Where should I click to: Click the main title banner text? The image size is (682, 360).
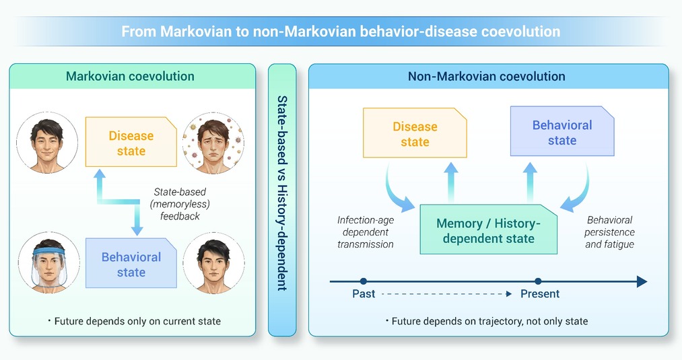pyautogui.click(x=341, y=32)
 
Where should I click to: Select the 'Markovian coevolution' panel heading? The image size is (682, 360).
pyautogui.click(x=130, y=76)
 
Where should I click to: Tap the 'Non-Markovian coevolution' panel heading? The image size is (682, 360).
pyautogui.click(x=486, y=77)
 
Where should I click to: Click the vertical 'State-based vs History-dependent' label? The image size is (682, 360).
pyautogui.click(x=282, y=193)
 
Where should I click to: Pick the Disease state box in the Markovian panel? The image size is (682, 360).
pyautogui.click(x=131, y=142)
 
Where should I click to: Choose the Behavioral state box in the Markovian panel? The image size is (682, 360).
pyautogui.click(x=131, y=263)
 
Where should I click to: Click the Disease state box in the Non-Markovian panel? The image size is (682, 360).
pyautogui.click(x=415, y=133)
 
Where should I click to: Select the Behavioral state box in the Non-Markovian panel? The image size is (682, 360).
pyautogui.click(x=562, y=131)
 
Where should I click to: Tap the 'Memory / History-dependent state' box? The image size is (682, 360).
pyautogui.click(x=489, y=229)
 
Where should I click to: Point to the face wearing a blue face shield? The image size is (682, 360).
pyautogui.click(x=48, y=262)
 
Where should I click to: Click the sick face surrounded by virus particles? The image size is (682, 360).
pyautogui.click(x=213, y=143)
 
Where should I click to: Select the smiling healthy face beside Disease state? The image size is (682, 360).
pyautogui.click(x=47, y=143)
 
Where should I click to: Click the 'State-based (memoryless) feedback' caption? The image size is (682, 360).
pyautogui.click(x=180, y=204)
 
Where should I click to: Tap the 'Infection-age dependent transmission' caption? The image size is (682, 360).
pyautogui.click(x=366, y=232)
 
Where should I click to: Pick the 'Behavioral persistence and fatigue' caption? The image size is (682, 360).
pyautogui.click(x=609, y=232)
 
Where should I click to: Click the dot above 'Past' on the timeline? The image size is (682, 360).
pyautogui.click(x=364, y=281)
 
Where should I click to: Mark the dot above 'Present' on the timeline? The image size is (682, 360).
pyautogui.click(x=538, y=281)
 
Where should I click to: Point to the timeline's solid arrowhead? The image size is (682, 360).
pyautogui.click(x=642, y=281)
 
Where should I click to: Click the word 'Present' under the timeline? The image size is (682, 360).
pyautogui.click(x=540, y=294)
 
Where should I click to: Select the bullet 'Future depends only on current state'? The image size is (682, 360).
pyautogui.click(x=135, y=321)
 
